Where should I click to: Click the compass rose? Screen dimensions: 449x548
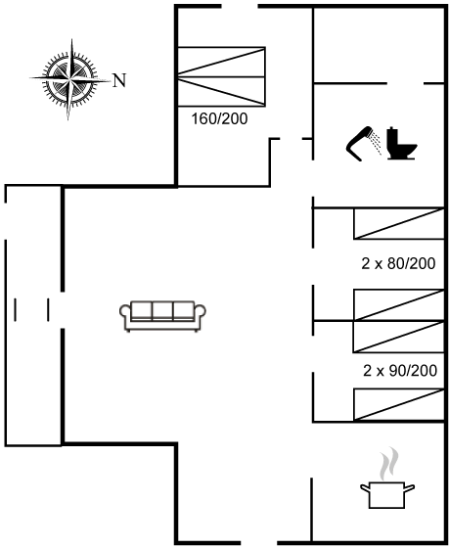(70, 79)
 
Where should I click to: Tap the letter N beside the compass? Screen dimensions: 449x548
(119, 80)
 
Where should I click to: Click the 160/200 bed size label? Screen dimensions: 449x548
(219, 118)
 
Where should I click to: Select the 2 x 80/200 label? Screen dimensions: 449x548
(398, 263)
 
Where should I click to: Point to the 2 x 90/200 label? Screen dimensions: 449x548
(400, 371)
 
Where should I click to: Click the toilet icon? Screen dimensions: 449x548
(402, 143)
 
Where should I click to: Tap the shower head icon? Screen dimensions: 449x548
(360, 143)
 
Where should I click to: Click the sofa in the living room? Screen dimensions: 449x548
(162, 316)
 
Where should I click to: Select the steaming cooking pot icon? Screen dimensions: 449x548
(387, 478)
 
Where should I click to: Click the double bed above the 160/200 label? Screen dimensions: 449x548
(221, 76)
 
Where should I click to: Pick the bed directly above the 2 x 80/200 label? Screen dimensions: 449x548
(399, 224)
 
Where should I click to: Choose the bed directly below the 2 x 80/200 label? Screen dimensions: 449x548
(399, 304)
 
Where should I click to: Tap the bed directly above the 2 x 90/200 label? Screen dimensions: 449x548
(399, 337)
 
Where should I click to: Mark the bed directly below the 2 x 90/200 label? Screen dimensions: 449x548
(399, 404)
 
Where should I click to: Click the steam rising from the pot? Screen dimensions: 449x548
(389, 464)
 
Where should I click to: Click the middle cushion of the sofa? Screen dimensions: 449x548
(162, 310)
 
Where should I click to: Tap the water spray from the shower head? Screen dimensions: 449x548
(377, 143)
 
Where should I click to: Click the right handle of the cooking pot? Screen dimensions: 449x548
(409, 487)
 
